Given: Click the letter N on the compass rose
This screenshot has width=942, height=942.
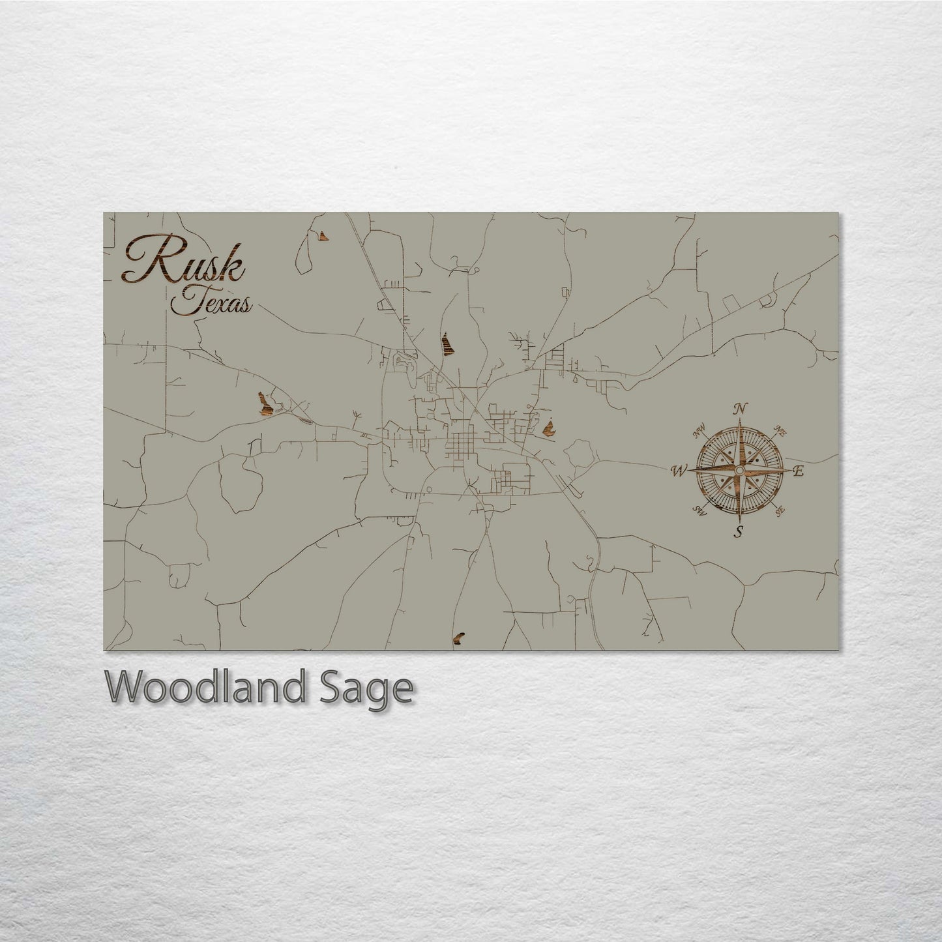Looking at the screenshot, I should pyautogui.click(x=739, y=409).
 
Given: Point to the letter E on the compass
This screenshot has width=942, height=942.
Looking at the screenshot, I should pyautogui.click(x=799, y=471).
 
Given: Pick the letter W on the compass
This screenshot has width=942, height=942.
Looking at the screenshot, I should pyautogui.click(x=679, y=470).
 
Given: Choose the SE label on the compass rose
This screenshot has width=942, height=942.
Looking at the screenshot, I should pyautogui.click(x=780, y=510).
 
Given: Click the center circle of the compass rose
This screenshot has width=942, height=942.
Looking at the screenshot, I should pyautogui.click(x=739, y=470).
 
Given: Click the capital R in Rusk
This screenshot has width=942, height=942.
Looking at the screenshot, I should pyautogui.click(x=147, y=259).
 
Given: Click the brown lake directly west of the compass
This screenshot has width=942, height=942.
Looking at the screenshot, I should pyautogui.click(x=549, y=428).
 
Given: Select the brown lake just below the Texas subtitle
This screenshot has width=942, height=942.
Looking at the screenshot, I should pyautogui.click(x=265, y=404).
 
